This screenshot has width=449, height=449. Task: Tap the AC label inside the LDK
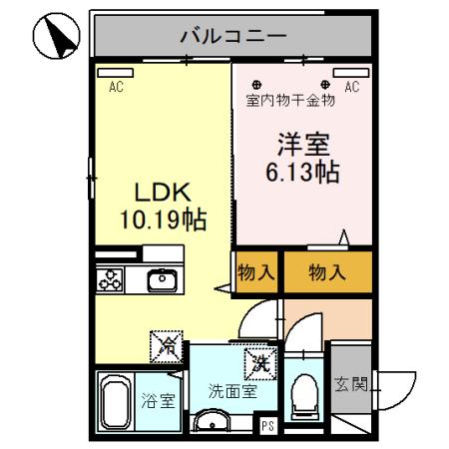pos(117,87)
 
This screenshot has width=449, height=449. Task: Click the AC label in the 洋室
pos(351,87)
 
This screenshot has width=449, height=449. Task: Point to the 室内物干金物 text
pos(289,101)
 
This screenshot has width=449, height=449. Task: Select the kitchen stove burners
pos(110,281)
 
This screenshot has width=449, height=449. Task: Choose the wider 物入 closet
pos(328,270)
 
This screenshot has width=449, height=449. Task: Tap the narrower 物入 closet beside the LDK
pos(256,270)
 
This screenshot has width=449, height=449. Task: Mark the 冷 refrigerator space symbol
pos(167,348)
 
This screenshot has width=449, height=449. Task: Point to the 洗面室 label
pos(233,390)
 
